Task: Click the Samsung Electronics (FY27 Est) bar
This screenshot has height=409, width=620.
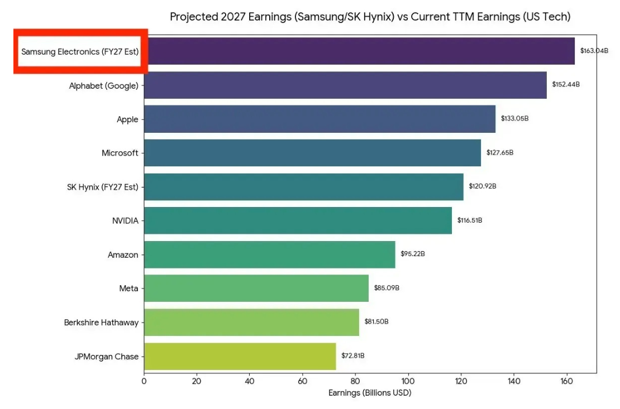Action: point(359,51)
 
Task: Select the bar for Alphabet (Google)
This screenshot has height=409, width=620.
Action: point(345,85)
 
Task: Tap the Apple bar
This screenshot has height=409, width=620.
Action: point(319,119)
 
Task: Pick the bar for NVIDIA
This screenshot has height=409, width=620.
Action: point(298,220)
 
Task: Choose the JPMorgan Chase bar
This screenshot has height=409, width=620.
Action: point(240,356)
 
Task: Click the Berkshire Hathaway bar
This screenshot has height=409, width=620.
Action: point(251,322)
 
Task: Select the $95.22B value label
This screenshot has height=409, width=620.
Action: point(413,254)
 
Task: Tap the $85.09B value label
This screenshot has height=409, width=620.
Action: point(387,288)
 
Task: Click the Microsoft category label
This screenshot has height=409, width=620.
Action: point(120,153)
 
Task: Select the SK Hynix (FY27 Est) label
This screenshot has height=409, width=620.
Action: point(102,187)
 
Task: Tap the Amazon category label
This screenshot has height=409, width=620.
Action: point(123,255)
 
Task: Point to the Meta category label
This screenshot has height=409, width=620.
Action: point(128,288)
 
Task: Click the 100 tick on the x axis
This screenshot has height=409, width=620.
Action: point(408,382)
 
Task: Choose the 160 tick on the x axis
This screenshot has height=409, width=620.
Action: point(567,382)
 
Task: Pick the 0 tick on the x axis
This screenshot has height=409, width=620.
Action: point(144,382)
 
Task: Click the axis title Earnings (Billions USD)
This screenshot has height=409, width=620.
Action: point(370,393)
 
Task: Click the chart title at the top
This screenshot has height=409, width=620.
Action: point(370,17)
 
